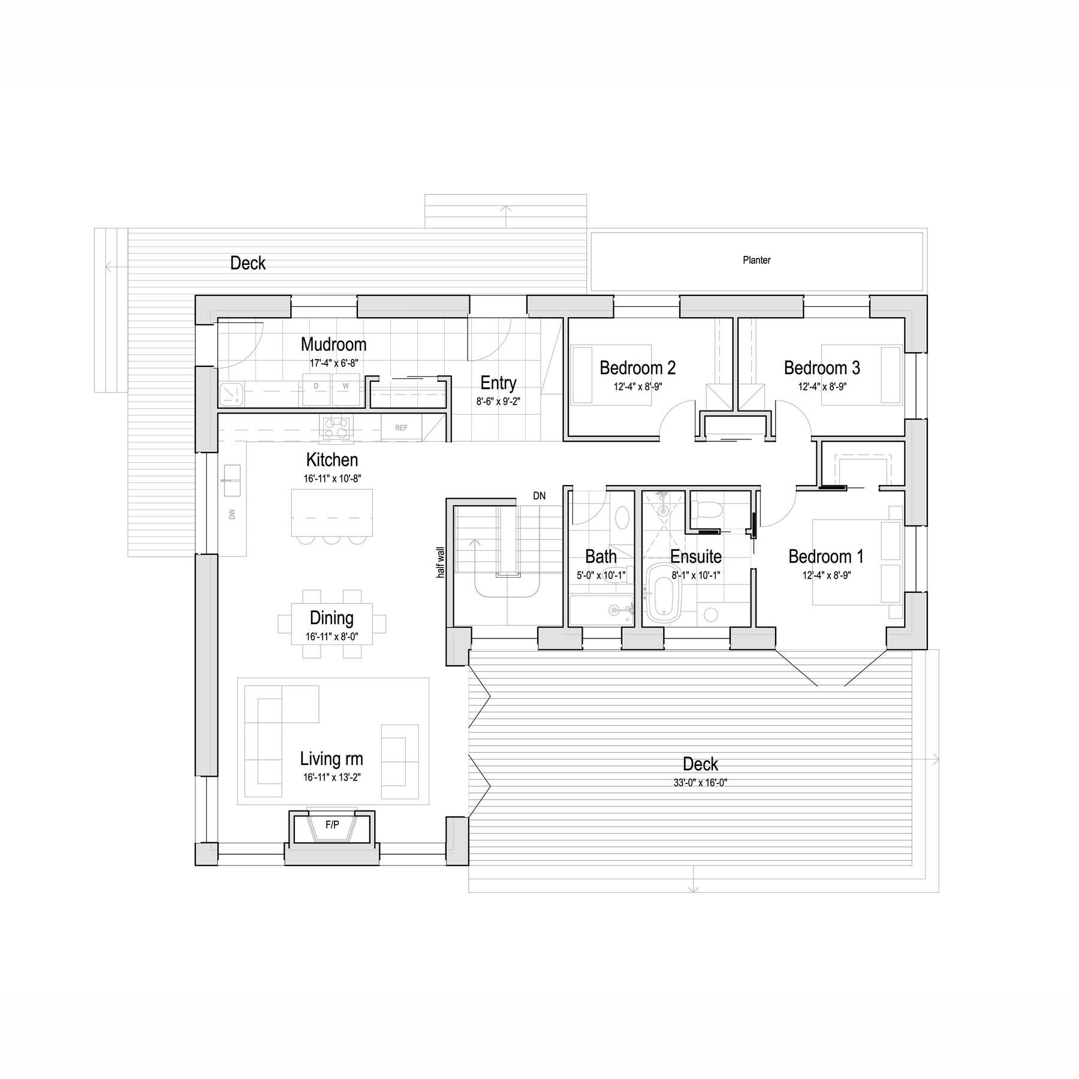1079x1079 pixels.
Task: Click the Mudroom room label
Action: (333, 345)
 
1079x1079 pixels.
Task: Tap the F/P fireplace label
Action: (332, 825)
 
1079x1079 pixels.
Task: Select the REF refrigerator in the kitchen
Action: (401, 427)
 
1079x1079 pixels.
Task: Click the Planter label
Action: (756, 260)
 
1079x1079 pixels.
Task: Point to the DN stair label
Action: (539, 496)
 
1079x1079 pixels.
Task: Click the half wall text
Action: (441, 562)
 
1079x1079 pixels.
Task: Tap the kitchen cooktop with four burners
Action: (336, 428)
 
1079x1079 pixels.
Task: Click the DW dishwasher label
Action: (232, 514)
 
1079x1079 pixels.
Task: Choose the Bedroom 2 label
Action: (638, 367)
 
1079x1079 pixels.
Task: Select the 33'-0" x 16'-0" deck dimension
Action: (700, 783)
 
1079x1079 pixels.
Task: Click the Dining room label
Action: (331, 618)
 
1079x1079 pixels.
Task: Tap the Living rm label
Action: (331, 759)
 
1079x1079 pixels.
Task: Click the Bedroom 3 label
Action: (822, 367)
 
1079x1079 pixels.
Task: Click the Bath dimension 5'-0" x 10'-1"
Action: (601, 575)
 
